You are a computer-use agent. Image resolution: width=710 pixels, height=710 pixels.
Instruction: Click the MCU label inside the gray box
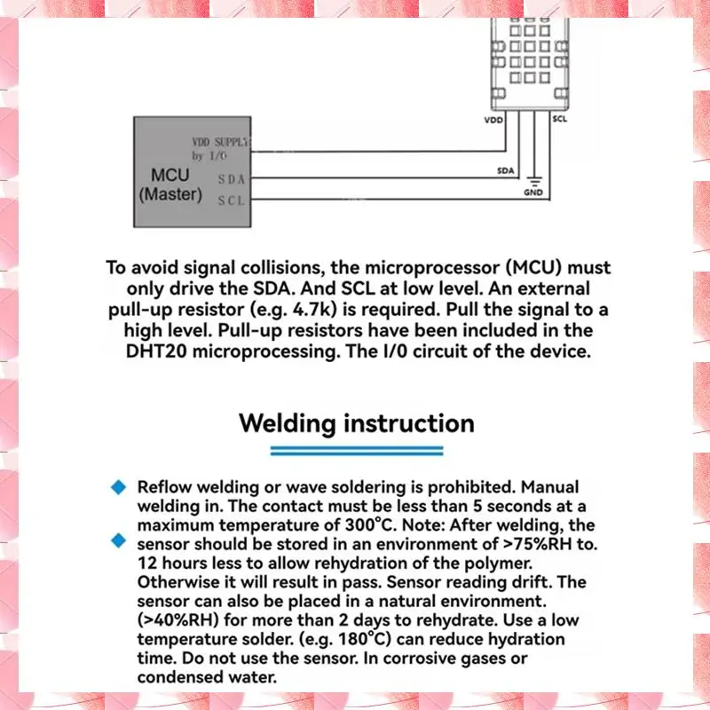point(170,175)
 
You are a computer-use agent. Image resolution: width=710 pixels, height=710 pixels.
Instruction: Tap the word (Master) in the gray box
point(170,193)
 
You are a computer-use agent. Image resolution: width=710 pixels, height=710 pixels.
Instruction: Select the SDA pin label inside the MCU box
point(231,179)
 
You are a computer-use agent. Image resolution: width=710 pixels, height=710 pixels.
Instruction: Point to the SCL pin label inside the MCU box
point(231,201)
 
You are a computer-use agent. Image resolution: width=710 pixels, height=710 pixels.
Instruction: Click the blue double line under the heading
point(356,452)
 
